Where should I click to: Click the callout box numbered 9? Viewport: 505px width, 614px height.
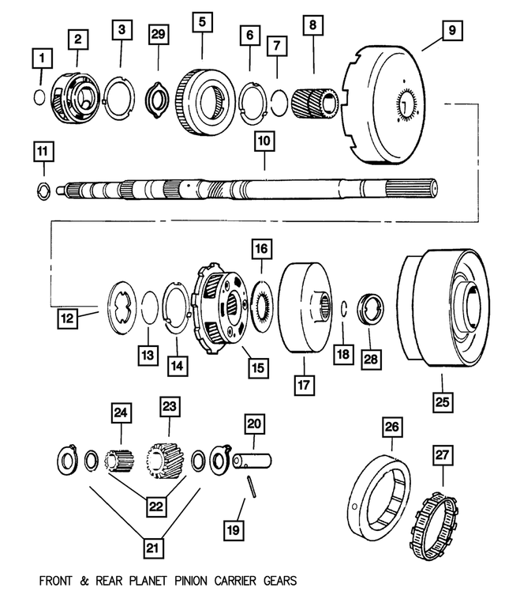[x=451, y=32]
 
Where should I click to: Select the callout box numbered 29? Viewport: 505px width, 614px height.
[x=157, y=34]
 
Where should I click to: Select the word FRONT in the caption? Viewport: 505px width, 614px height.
[x=58, y=582]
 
